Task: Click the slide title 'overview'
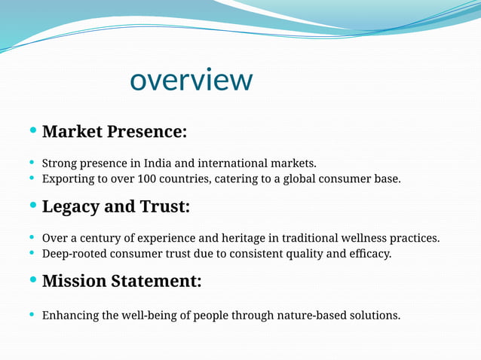tap(191, 80)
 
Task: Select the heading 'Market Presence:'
tap(114, 132)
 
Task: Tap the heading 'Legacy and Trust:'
tap(115, 206)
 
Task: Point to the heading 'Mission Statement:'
tap(121, 282)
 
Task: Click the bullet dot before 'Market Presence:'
tap(32, 131)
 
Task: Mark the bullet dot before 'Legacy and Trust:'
tap(32, 206)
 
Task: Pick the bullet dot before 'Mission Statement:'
tap(32, 281)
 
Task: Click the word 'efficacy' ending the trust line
tap(369, 254)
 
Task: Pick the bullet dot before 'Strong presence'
tap(32, 163)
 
